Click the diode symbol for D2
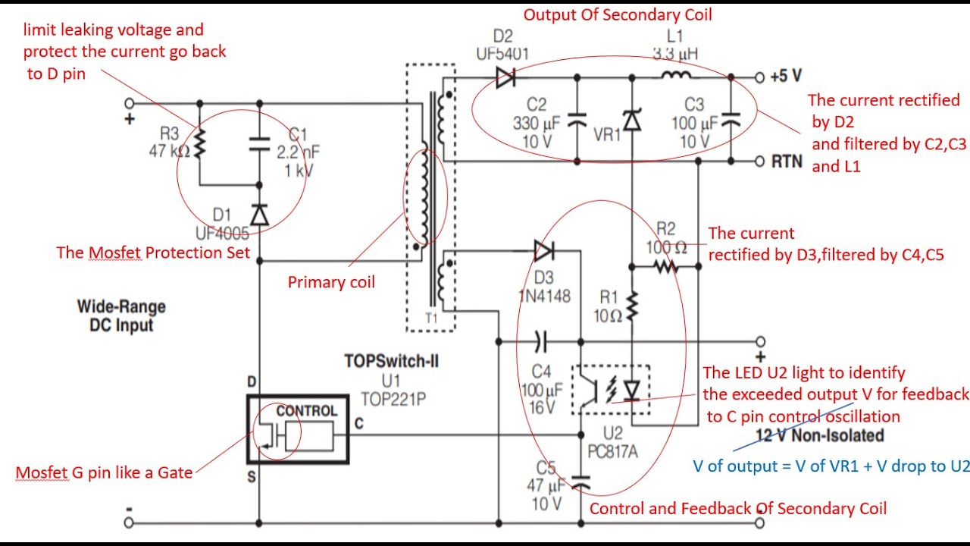505,77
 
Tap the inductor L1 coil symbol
677,75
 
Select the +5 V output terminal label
786,77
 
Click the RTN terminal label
787,162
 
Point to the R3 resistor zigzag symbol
199,143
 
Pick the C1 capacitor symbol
259,145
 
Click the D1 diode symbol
259,215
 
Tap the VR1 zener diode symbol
632,120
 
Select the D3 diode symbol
544,251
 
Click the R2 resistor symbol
666,266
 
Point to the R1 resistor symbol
632,306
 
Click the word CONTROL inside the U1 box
307,411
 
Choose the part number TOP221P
393,400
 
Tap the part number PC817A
612,451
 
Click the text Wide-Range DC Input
121,316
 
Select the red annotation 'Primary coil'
331,282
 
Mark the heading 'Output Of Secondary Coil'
618,14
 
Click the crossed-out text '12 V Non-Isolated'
820,435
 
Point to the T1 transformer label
431,318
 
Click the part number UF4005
222,234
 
